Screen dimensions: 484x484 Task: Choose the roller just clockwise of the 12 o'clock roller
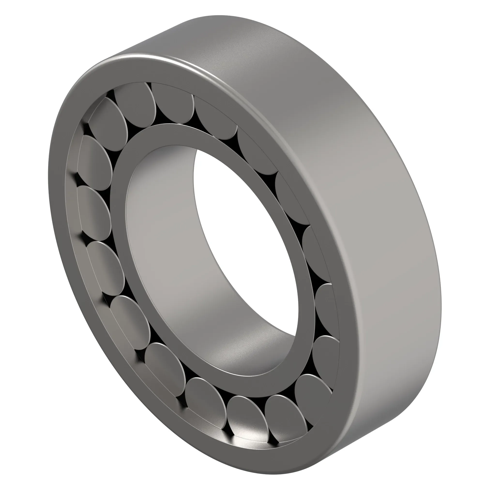[x=215, y=118]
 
